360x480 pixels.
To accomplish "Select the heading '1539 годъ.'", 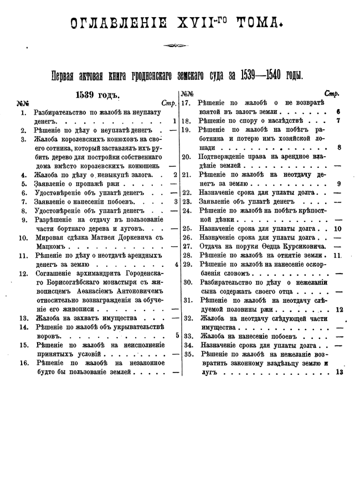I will (x=98, y=95).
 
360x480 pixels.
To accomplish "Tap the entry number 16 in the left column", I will (x=23, y=363).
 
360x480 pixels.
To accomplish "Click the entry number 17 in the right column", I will (x=186, y=103).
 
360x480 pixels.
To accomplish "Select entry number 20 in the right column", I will (x=186, y=157).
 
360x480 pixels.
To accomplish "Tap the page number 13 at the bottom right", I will (x=339, y=373).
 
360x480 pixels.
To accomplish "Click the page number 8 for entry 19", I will (x=339, y=148).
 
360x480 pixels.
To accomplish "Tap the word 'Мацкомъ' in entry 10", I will (x=52, y=247).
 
